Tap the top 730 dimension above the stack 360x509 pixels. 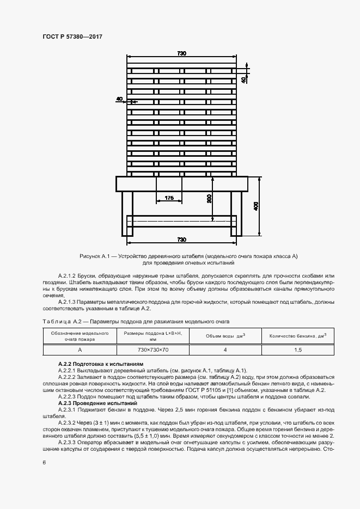click(x=181, y=53)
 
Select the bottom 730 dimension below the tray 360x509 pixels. click(x=181, y=240)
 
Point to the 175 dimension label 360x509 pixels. click(x=169, y=199)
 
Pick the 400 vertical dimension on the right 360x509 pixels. click(x=256, y=206)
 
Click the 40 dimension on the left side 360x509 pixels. click(x=119, y=99)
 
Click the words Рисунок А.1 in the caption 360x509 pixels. click(x=95, y=256)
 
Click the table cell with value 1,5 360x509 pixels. click(x=298, y=349)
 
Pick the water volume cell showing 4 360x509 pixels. click(x=224, y=349)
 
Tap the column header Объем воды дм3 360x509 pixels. click(x=225, y=335)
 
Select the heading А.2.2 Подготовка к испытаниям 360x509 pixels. click(x=101, y=363)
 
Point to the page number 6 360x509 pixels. click(x=44, y=462)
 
